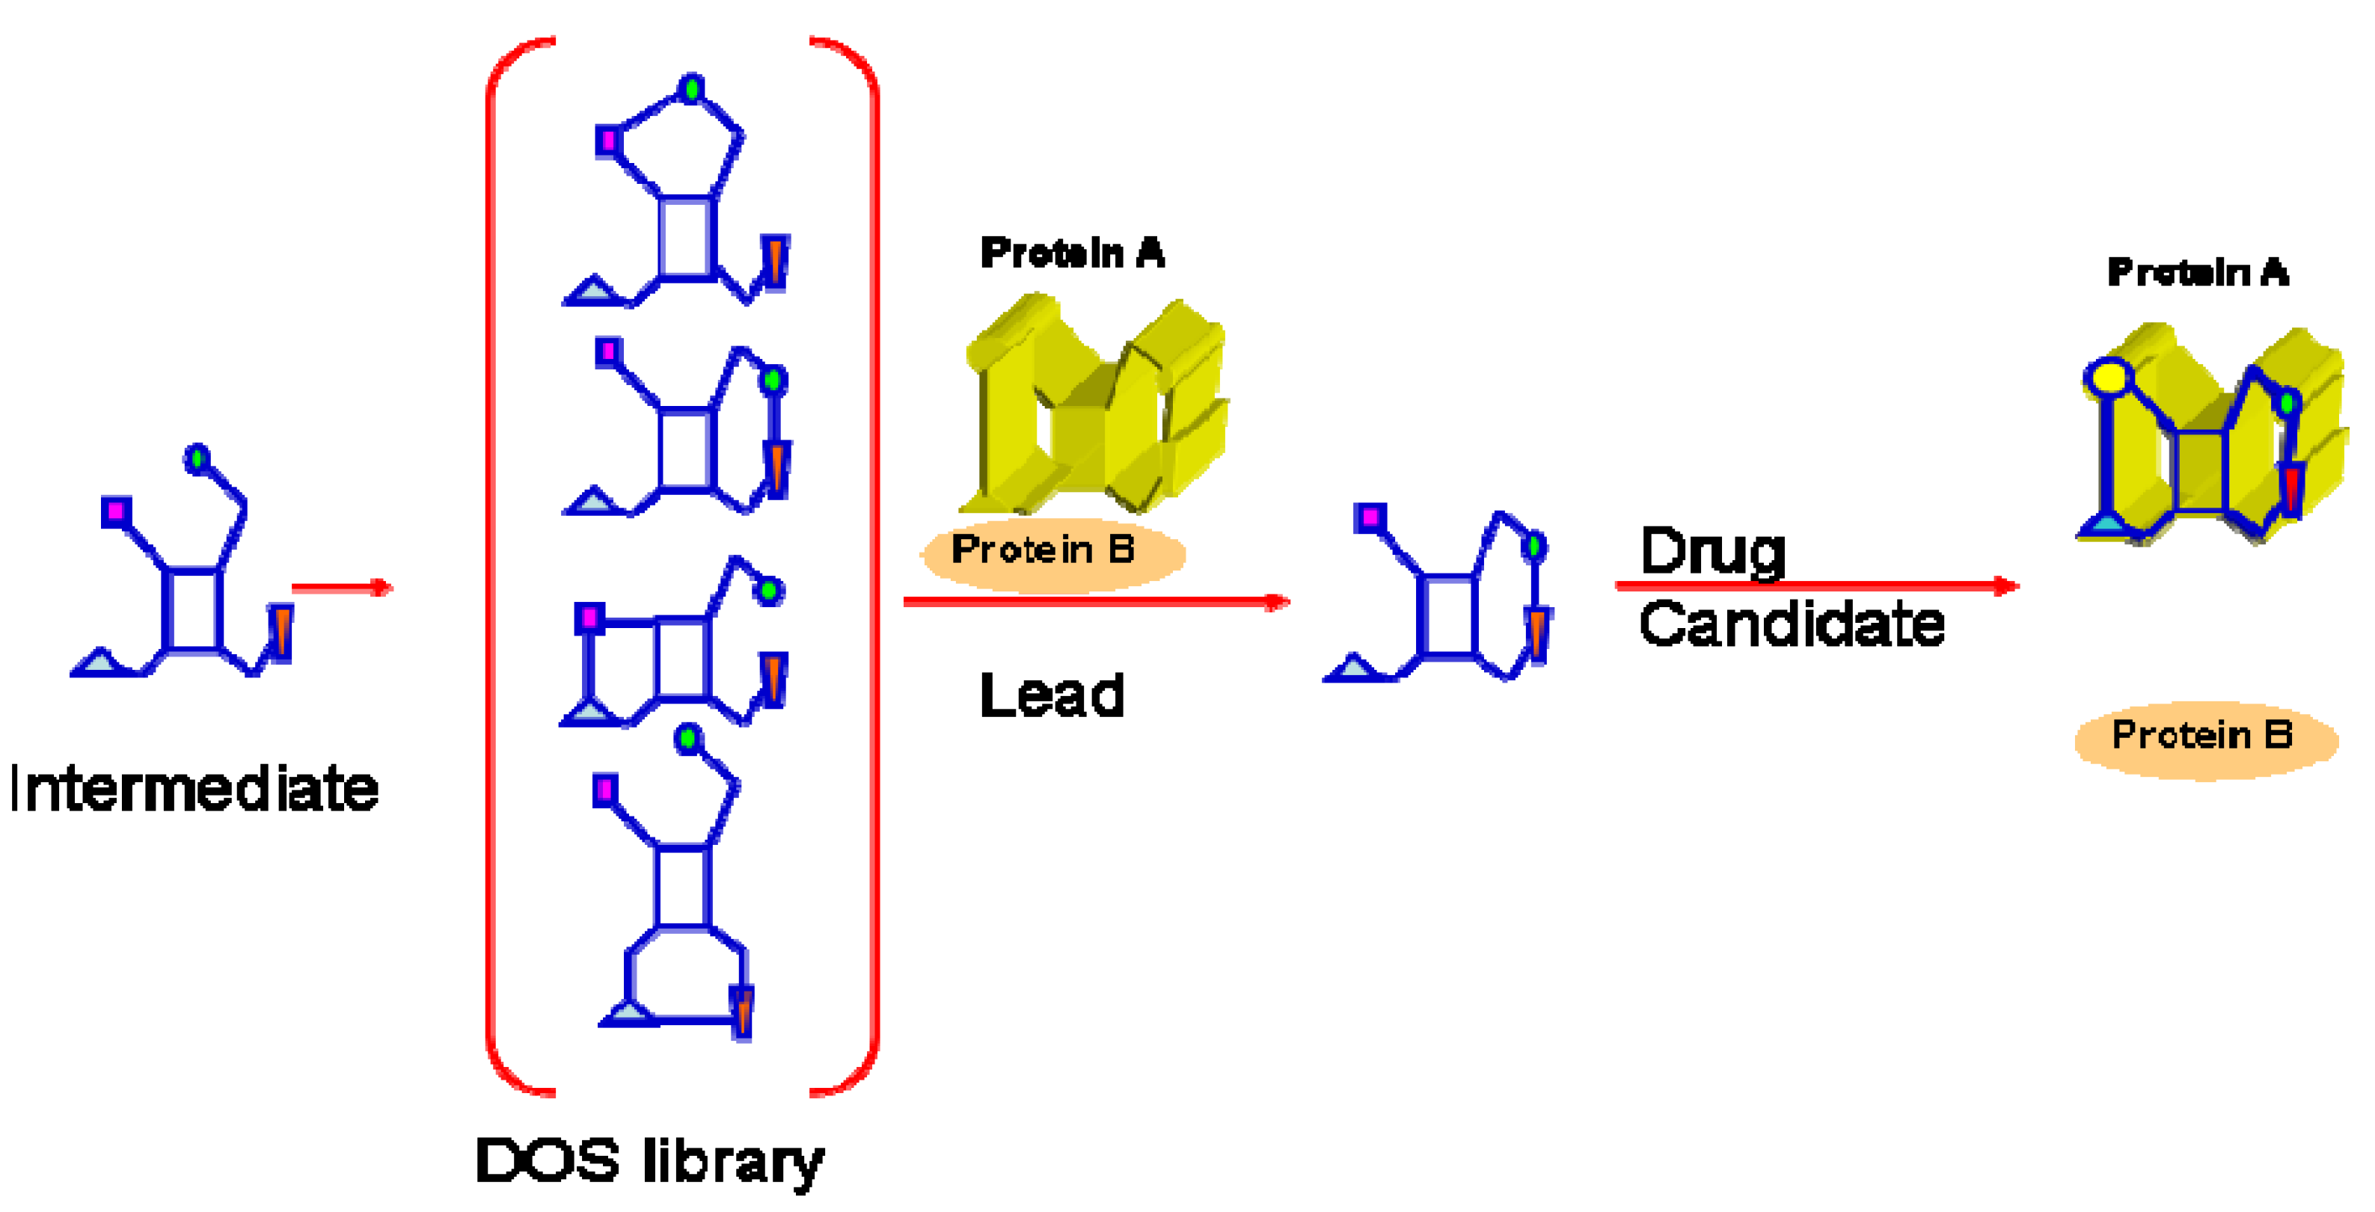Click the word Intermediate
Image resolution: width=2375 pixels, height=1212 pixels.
pos(194,789)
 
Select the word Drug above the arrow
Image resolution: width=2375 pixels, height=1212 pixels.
pos(1713,551)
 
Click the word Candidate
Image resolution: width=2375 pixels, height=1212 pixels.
pos(1792,624)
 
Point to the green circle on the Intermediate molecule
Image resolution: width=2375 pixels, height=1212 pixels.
pos(197,458)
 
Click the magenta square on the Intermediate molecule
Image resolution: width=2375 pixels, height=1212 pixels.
pos(116,511)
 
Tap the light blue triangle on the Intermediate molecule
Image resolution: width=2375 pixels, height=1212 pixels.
pos(99,662)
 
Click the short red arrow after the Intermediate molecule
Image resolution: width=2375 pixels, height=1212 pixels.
pos(342,587)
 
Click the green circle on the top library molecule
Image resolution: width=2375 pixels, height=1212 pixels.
pos(690,88)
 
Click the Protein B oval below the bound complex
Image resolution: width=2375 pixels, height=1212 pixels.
pos(2205,737)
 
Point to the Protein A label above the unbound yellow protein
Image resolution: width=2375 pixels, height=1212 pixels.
pos(1072,253)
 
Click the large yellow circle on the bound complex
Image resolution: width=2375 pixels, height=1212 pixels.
pos(2109,378)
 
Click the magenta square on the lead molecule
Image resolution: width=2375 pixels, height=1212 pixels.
pos(1370,517)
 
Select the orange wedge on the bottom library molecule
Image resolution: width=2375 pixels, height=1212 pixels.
pos(742,1010)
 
